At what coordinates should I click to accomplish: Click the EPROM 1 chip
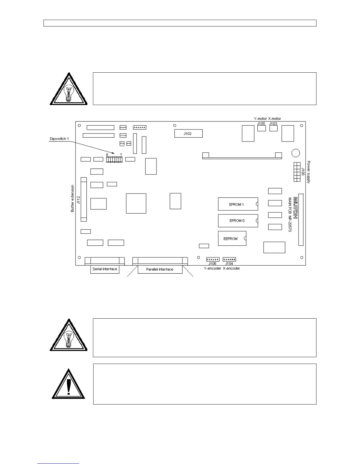238,204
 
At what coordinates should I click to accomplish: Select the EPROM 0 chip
238,221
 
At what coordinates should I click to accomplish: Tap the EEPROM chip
232,239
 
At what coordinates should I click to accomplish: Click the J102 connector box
188,134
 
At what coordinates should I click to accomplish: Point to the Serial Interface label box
105,269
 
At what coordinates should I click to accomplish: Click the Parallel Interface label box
160,269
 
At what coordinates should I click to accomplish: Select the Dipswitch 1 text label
59,139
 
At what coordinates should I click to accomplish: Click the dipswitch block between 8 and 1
114,159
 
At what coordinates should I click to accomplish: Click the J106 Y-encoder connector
213,259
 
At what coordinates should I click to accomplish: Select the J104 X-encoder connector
229,259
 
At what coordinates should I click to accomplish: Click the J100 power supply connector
296,172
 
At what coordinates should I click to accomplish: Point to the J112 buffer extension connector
84,199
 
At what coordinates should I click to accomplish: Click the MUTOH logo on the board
295,208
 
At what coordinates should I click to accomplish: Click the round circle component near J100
296,153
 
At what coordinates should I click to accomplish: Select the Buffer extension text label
73,199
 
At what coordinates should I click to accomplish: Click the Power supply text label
309,172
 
